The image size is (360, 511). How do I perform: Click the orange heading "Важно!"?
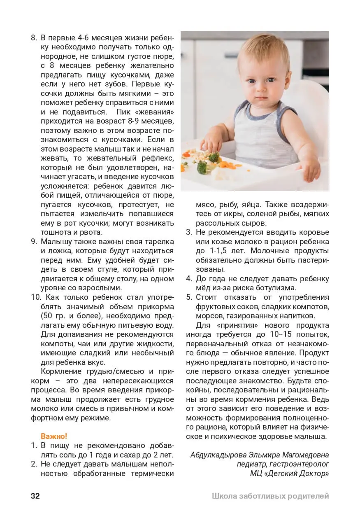(x=53, y=436)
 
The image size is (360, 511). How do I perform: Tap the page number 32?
(x=35, y=496)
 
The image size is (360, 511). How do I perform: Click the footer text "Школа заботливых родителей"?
(x=270, y=496)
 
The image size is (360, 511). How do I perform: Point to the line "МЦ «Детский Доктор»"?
(x=289, y=474)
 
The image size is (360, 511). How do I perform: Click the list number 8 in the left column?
(x=34, y=37)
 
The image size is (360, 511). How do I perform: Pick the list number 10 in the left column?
(x=35, y=297)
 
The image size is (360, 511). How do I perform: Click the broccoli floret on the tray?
(x=201, y=167)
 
